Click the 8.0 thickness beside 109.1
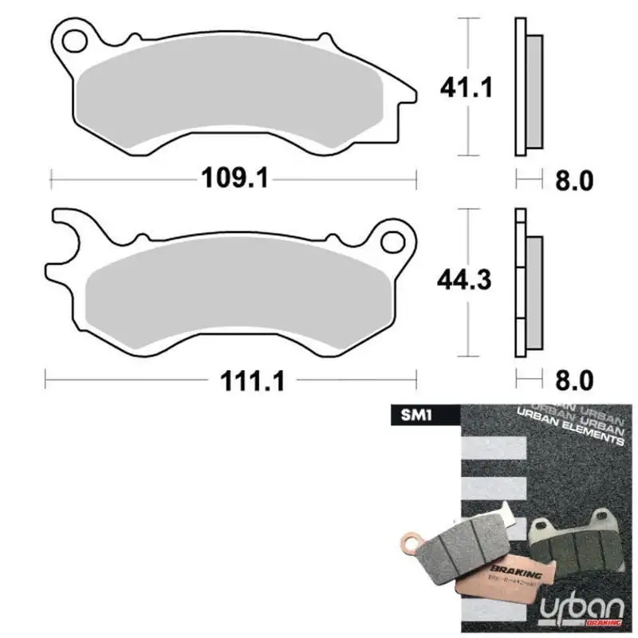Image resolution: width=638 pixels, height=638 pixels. coord(573,181)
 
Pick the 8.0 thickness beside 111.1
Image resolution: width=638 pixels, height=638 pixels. coord(573,382)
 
